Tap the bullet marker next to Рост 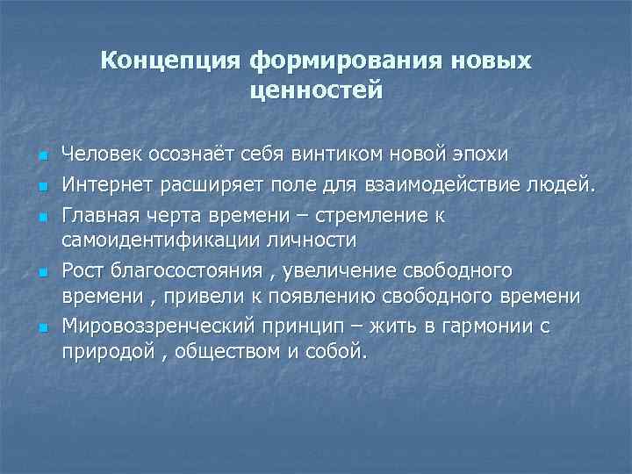(x=41, y=271)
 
